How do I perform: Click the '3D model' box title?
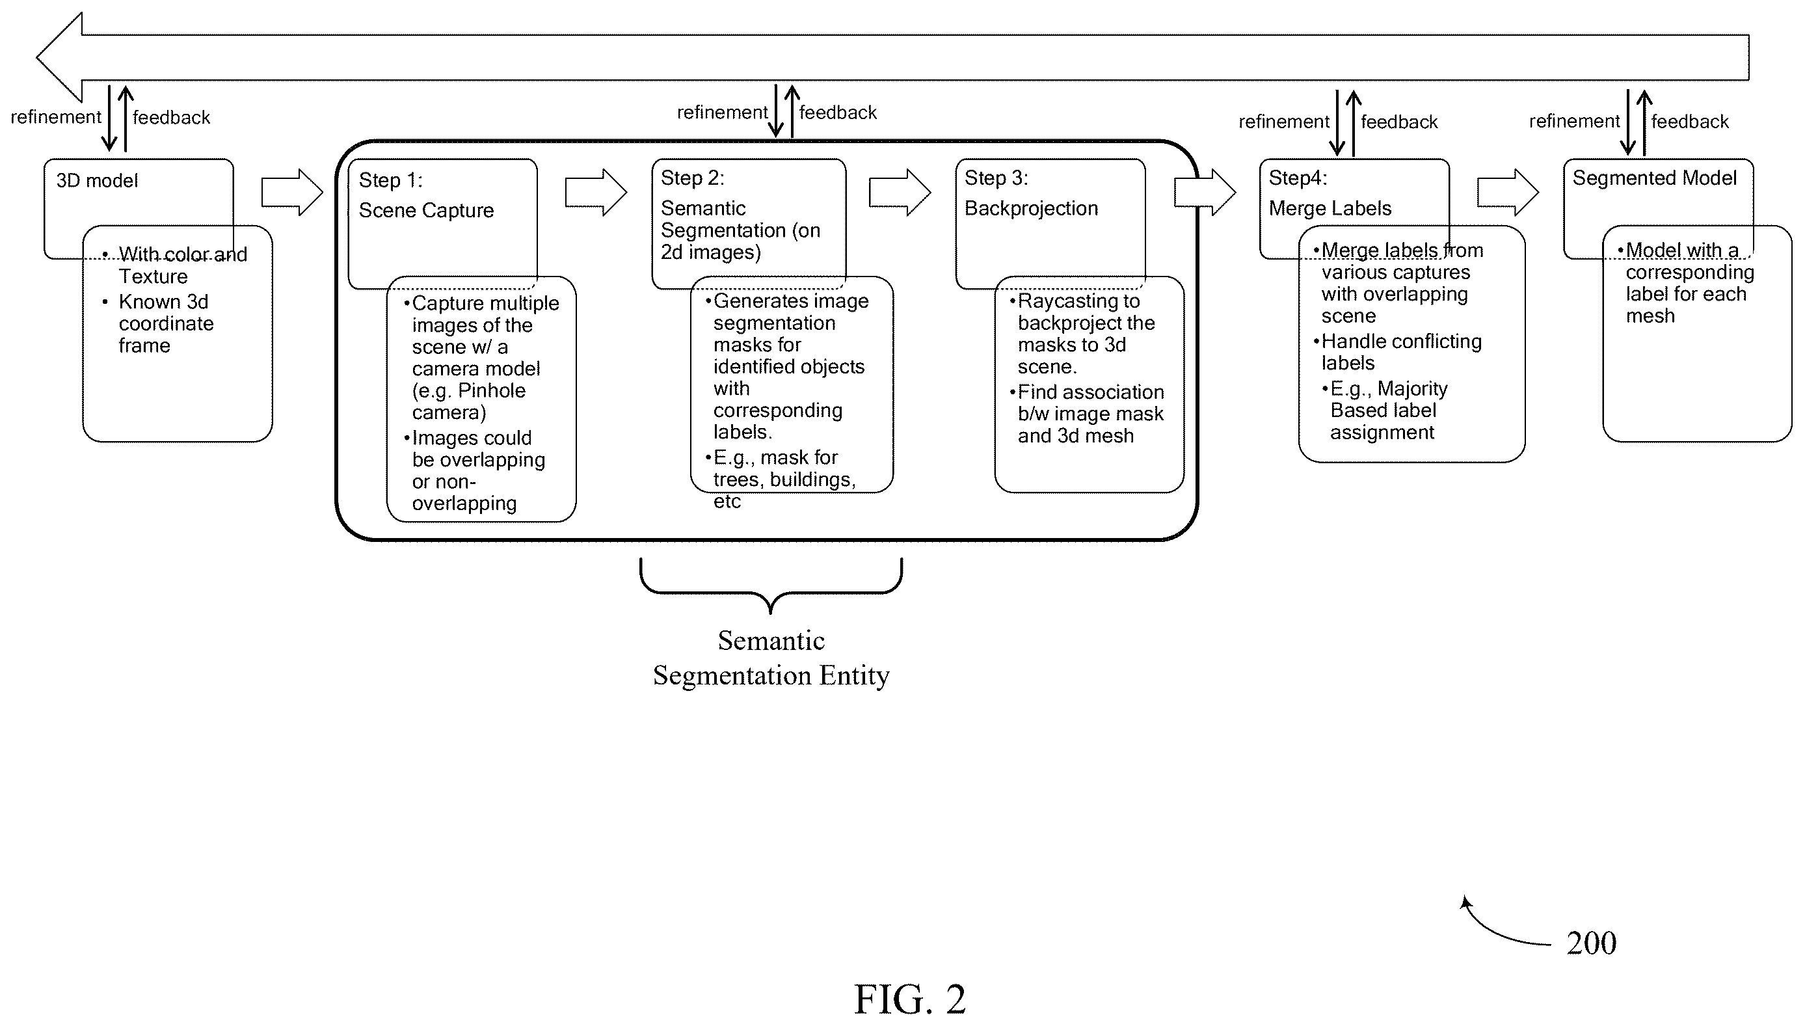(97, 181)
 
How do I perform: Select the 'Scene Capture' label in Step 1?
(426, 211)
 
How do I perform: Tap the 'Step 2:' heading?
(693, 178)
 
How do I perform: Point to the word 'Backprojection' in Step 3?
(1032, 209)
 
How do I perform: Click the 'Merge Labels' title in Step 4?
(1330, 209)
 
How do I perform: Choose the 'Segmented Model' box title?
(1654, 178)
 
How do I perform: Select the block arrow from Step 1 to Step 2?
(596, 192)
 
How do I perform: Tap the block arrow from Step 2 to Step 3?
(900, 192)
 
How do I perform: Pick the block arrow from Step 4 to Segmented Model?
(1508, 192)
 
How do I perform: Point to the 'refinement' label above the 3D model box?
(56, 117)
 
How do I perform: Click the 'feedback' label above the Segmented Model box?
(1689, 122)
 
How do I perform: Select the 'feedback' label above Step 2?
(838, 113)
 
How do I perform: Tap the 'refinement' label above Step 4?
(1283, 122)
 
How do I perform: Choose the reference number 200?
(1592, 943)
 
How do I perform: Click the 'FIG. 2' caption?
(909, 999)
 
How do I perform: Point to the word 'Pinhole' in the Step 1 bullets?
(492, 391)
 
